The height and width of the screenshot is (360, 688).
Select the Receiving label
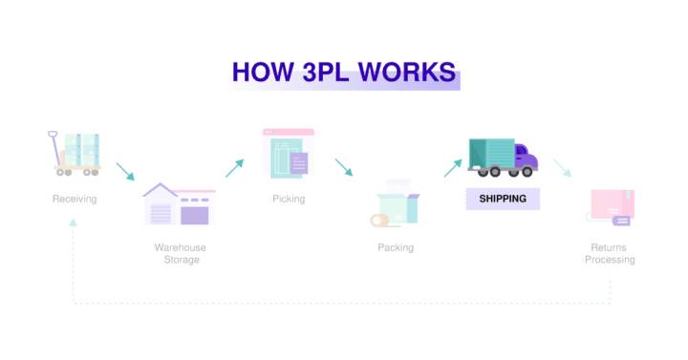pyautogui.click(x=75, y=200)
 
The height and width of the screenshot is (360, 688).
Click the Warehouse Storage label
pyautogui.click(x=181, y=253)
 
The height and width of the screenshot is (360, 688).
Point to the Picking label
pyautogui.click(x=289, y=200)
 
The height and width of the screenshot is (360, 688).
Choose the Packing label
pyautogui.click(x=396, y=248)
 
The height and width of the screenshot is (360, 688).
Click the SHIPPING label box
pyautogui.click(x=503, y=199)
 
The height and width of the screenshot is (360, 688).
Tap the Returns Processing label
pyautogui.click(x=610, y=253)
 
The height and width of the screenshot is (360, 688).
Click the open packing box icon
pyautogui.click(x=395, y=205)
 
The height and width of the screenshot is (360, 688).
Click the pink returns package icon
pyautogui.click(x=612, y=206)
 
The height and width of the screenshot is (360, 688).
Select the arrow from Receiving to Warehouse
pyautogui.click(x=126, y=172)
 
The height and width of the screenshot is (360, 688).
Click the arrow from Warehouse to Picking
pyautogui.click(x=234, y=168)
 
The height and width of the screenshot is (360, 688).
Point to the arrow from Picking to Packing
pyautogui.click(x=343, y=168)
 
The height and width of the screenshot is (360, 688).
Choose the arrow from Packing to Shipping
pyautogui.click(x=452, y=168)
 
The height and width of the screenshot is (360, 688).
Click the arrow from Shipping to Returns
pyautogui.click(x=562, y=168)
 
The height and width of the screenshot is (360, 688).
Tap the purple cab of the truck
pyautogui.click(x=524, y=158)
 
